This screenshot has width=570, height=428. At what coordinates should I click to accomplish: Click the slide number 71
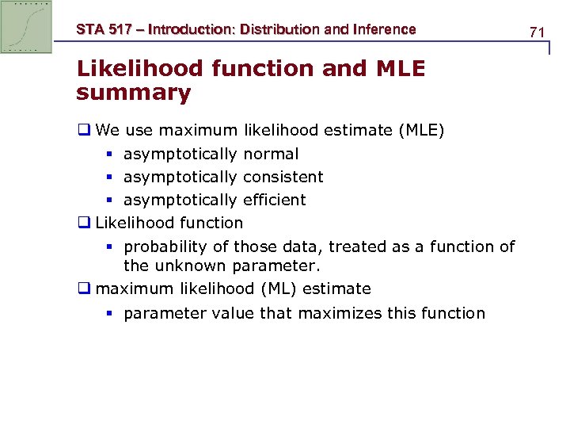[x=538, y=32]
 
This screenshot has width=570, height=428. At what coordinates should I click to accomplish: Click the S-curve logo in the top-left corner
[x=26, y=27]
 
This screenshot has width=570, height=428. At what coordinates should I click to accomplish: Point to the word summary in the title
[x=133, y=93]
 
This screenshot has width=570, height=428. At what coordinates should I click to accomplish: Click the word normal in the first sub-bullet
[x=271, y=154]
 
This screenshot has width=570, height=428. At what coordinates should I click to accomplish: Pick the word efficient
[x=274, y=200]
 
